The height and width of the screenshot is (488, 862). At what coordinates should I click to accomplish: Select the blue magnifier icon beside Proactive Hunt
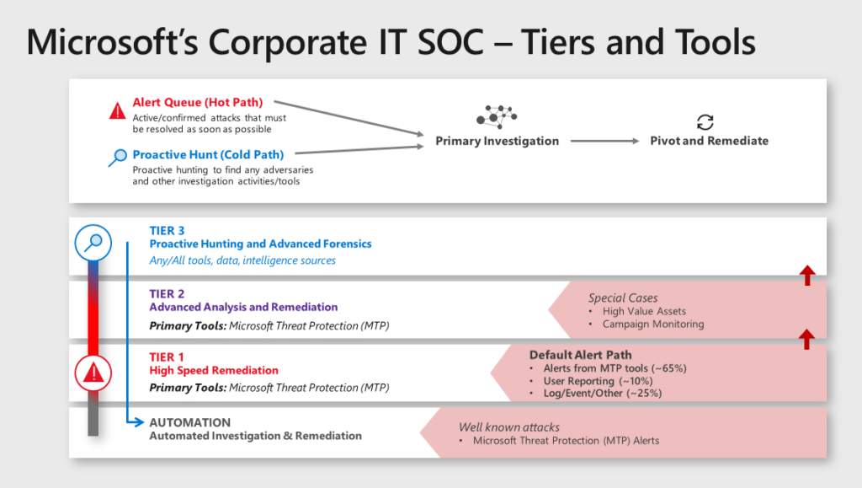click(x=118, y=157)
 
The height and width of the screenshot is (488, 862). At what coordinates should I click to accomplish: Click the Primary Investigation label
click(x=497, y=141)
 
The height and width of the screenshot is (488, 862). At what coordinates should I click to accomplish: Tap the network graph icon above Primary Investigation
click(x=497, y=116)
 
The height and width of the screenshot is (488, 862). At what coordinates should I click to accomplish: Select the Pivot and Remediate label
click(x=709, y=141)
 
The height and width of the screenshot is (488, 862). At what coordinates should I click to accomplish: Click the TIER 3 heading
click(x=167, y=230)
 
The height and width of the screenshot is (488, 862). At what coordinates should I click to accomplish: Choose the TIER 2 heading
click(x=167, y=293)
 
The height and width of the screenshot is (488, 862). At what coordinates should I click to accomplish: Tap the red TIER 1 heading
click(x=167, y=357)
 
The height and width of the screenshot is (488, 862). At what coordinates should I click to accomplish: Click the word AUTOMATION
click(x=189, y=422)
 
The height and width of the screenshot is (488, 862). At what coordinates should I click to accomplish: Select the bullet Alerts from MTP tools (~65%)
click(x=597, y=367)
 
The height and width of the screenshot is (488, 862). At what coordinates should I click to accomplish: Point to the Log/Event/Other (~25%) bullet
click(x=596, y=393)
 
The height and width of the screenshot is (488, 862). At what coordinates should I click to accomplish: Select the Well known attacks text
click(x=509, y=427)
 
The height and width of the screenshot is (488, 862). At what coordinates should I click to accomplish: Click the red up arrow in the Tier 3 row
click(x=806, y=275)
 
